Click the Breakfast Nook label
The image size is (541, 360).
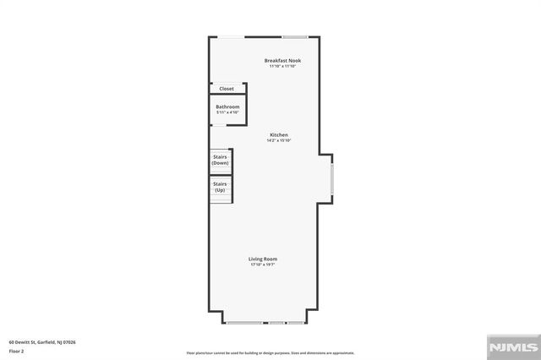point(281,60)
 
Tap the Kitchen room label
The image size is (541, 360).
point(279,135)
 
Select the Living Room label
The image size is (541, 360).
point(263,259)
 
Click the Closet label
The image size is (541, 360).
point(227,89)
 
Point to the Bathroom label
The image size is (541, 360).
point(227,106)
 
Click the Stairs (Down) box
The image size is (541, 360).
point(221,160)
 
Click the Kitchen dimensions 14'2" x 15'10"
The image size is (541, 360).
point(279,141)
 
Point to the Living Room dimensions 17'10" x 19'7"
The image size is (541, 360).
point(263,265)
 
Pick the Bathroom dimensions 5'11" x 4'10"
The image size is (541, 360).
point(227,112)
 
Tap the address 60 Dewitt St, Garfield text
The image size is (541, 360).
point(42,342)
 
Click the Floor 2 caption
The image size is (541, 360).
point(17,351)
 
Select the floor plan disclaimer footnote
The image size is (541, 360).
point(270,352)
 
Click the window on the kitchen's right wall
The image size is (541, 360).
point(332,179)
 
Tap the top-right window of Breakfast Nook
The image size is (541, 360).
point(294,36)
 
